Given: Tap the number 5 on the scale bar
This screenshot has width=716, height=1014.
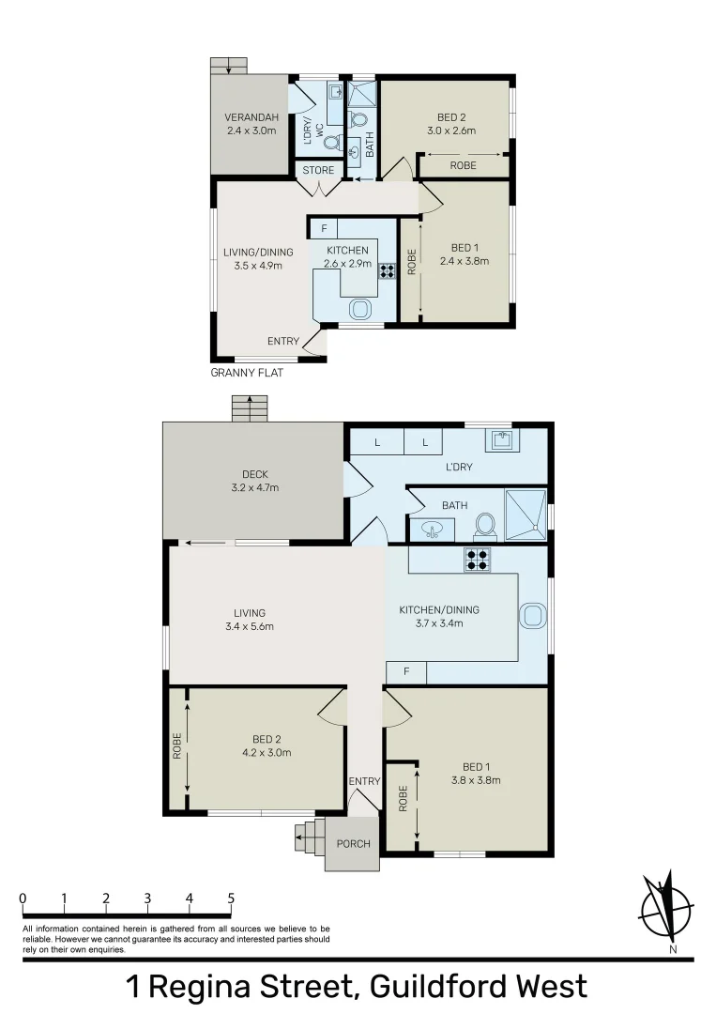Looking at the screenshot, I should (231, 898).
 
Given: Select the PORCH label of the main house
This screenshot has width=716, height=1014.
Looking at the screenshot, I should (353, 843).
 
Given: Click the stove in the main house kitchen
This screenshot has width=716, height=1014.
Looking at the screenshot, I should (477, 559).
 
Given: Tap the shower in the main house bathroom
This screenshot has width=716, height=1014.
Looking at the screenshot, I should (526, 515).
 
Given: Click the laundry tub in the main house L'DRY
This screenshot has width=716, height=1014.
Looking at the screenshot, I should (500, 439).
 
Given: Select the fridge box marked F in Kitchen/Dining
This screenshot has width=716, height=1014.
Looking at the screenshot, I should (405, 672).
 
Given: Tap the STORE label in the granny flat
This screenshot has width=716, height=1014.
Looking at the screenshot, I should (318, 170).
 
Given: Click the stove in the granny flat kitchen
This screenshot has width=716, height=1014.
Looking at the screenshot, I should (387, 272).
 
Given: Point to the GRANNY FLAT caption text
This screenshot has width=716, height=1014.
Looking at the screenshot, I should (247, 373).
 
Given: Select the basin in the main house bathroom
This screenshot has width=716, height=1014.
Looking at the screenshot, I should (432, 530).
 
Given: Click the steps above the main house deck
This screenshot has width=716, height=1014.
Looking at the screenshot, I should (251, 408).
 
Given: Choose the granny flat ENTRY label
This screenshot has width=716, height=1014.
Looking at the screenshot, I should (283, 341).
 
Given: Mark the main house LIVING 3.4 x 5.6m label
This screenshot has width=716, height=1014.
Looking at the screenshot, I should (250, 620).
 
